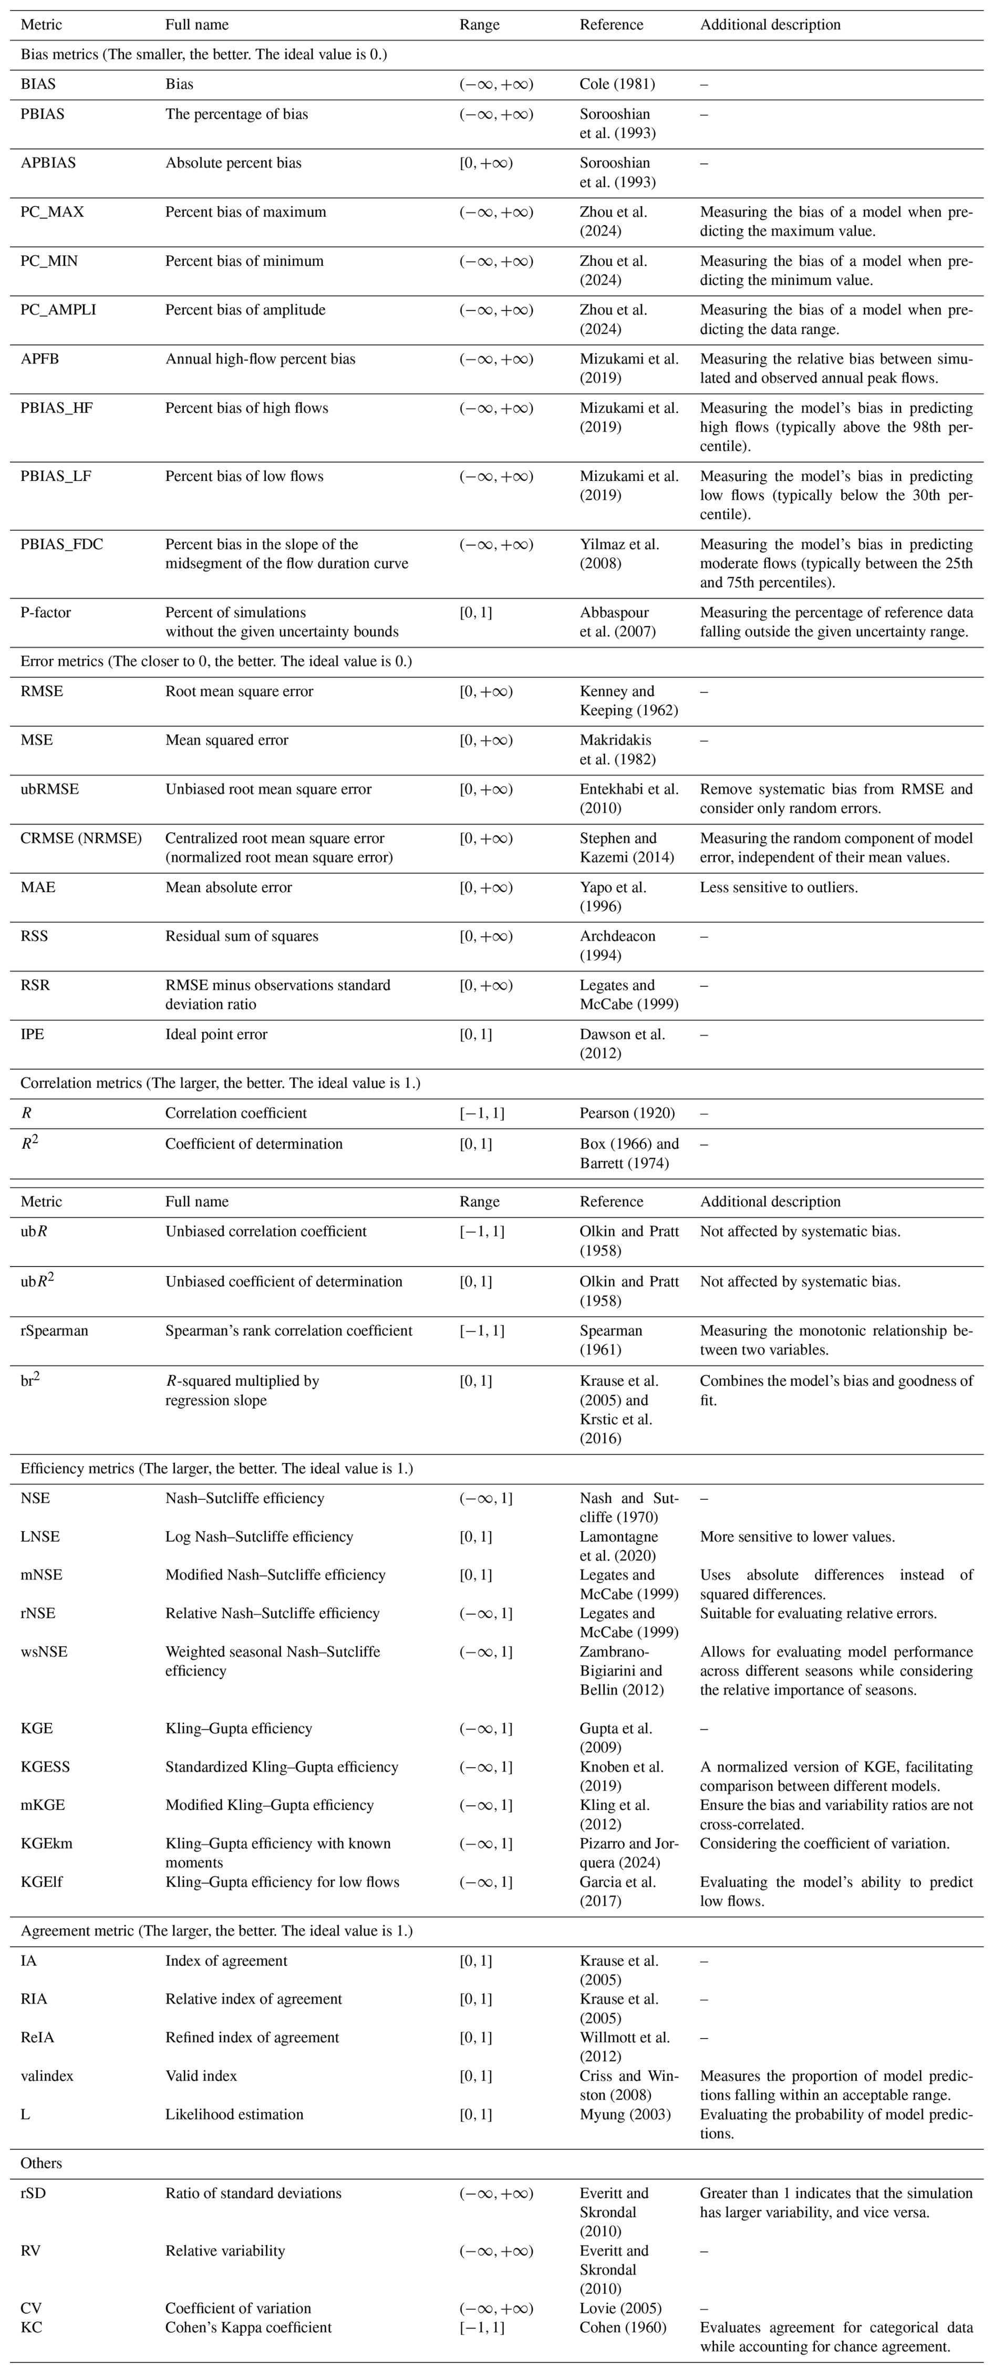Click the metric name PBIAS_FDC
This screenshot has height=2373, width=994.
point(61,545)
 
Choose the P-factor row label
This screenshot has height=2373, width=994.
point(46,613)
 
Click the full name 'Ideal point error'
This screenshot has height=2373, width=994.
point(216,1034)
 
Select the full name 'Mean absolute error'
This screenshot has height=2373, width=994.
point(229,888)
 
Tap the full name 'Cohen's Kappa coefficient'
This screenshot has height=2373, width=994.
point(248,2327)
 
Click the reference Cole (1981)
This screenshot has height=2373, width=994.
point(617,84)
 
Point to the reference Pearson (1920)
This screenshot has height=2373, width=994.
point(627,1113)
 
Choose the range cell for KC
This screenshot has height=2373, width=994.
point(482,2327)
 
